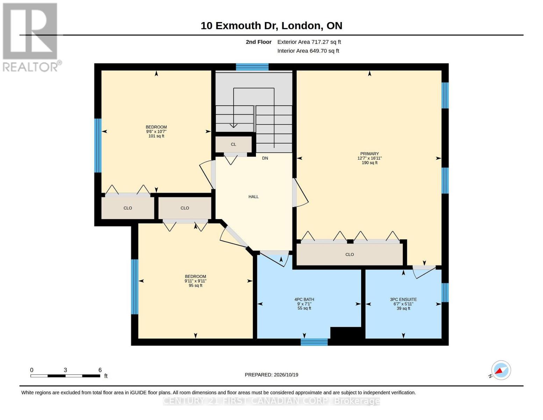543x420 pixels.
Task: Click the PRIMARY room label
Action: point(369,154)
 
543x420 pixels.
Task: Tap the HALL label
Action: point(253,197)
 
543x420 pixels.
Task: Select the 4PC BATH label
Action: point(304,300)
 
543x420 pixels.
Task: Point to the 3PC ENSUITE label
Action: point(403,300)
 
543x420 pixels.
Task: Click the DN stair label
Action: point(265,158)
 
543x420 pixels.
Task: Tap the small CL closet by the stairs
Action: point(234,144)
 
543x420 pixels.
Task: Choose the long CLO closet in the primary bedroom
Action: point(349,254)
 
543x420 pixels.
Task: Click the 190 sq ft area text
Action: point(370,163)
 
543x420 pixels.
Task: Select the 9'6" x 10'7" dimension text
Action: point(156,132)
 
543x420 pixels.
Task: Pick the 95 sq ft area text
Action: point(195,285)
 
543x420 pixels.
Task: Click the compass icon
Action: point(501,370)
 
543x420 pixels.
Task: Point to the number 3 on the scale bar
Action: point(65,370)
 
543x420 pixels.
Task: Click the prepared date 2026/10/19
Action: point(286,375)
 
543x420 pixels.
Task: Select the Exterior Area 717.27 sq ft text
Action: point(309,42)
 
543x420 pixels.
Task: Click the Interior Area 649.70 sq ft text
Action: point(308,51)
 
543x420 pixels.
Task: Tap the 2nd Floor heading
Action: point(259,42)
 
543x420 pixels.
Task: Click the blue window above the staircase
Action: point(252,67)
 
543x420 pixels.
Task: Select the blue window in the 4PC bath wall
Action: point(314,342)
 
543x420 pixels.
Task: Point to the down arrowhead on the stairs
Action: point(234,126)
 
